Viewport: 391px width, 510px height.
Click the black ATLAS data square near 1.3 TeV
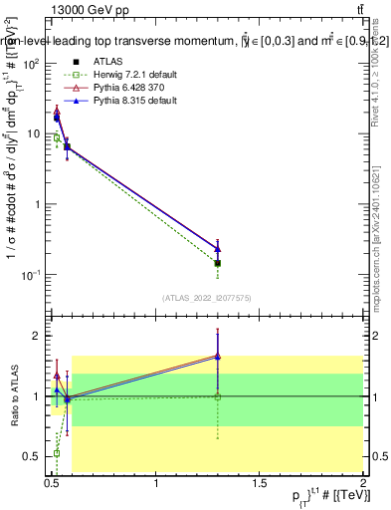point(218,263)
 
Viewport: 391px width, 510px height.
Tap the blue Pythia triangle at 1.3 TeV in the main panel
point(218,249)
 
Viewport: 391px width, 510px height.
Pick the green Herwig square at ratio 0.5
point(56,453)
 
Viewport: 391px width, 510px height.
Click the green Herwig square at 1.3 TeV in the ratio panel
point(218,396)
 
